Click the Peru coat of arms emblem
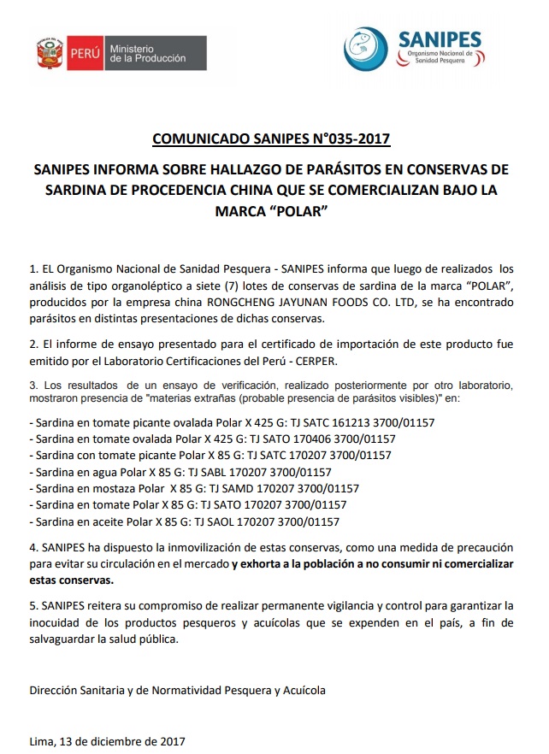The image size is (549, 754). [x=46, y=53]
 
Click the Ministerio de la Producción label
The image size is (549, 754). [x=147, y=53]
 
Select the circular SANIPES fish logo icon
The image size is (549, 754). [x=367, y=47]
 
